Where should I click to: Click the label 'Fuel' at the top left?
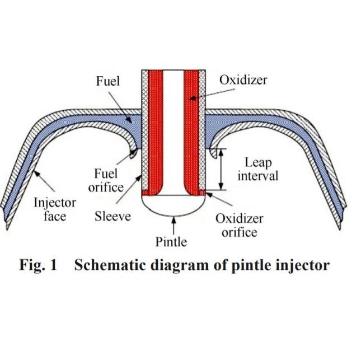click(x=108, y=81)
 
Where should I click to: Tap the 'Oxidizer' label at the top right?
click(x=243, y=80)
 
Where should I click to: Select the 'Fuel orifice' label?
click(x=106, y=180)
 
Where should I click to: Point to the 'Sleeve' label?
click(x=112, y=216)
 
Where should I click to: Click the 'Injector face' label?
click(x=55, y=209)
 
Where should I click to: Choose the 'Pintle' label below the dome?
click(x=171, y=242)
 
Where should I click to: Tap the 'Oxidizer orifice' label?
click(x=240, y=225)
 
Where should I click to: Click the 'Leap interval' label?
click(x=258, y=169)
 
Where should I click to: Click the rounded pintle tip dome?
click(x=174, y=205)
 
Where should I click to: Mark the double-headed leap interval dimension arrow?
click(x=221, y=169)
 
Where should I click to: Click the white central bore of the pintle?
click(x=174, y=131)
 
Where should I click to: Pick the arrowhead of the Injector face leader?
click(x=36, y=173)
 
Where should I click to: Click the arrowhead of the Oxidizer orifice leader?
click(x=209, y=195)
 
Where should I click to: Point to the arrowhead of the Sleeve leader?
click(x=139, y=177)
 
